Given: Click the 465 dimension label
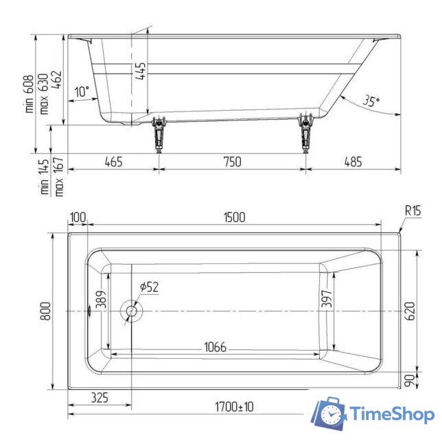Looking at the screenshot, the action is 114,162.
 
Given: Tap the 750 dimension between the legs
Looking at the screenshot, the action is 232,162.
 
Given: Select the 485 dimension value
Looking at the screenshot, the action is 353,162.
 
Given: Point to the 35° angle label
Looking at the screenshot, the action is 371,101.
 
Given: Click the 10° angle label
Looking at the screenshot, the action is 82,91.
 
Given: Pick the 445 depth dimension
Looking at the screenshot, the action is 141,71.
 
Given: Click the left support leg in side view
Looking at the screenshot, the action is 159,134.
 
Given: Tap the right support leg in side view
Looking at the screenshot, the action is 306,133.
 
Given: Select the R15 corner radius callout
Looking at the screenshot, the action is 413,210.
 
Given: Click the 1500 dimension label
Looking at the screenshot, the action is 234,217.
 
